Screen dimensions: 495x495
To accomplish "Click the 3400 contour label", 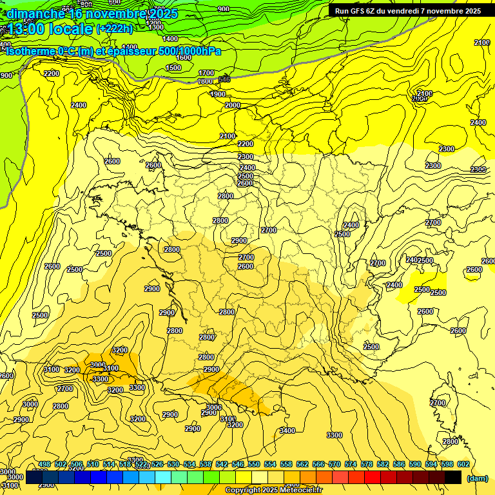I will tap(287, 431).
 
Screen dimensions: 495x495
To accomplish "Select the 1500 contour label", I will tap(173, 68).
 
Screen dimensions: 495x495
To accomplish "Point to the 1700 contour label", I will tap(206, 73).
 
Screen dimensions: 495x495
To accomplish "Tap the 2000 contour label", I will tap(233, 105).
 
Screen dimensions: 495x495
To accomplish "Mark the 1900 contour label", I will tap(218, 94).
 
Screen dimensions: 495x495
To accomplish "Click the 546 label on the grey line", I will tap(224, 79).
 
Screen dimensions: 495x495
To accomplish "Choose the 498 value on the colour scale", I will tap(44, 464).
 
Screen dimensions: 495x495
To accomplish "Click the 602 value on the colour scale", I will tap(463, 464).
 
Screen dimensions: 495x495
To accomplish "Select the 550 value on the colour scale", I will tap(253, 464).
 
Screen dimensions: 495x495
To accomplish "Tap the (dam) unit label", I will tap(478, 478).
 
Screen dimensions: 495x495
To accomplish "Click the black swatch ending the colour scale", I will tap(452, 477).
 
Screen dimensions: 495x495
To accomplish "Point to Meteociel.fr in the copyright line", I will tap(300, 490).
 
